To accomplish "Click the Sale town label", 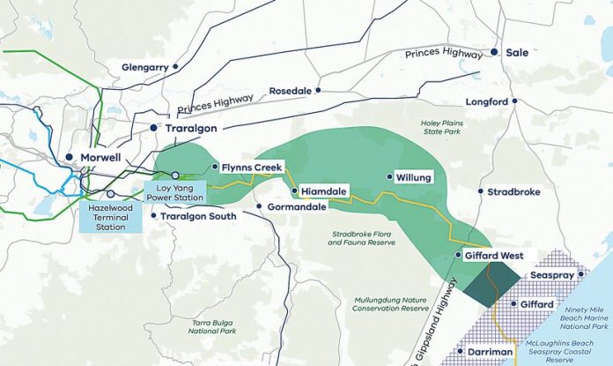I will coord(517,53).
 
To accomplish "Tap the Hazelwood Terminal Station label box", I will coord(112,215).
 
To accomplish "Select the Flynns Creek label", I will coord(250,166).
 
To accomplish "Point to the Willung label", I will coord(413,177).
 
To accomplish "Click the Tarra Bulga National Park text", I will coord(210,328).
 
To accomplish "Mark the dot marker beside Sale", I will coord(496,53).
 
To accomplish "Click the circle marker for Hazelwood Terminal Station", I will coord(111,194).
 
